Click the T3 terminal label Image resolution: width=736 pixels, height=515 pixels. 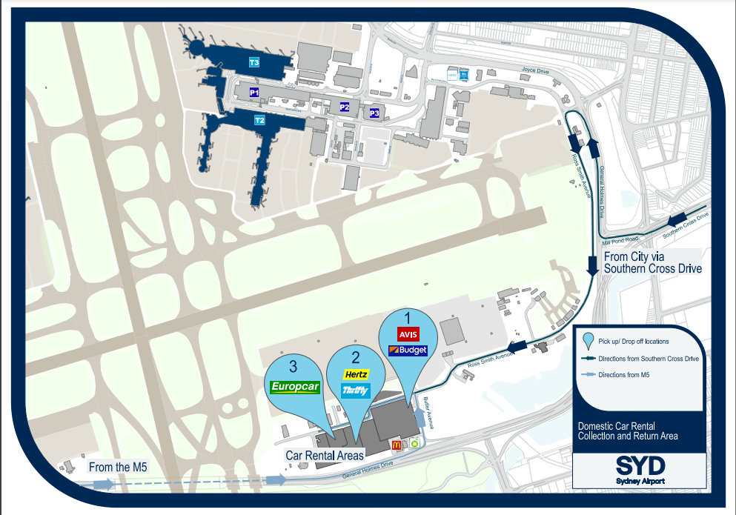click(254, 62)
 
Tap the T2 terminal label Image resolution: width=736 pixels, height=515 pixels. click(259, 120)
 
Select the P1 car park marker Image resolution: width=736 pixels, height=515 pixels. click(254, 93)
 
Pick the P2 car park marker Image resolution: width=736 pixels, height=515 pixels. click(345, 107)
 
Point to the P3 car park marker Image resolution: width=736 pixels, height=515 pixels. click(374, 113)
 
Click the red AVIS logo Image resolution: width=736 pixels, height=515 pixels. click(409, 333)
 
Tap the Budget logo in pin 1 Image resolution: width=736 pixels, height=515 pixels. click(408, 349)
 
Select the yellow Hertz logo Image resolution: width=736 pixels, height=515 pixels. click(357, 375)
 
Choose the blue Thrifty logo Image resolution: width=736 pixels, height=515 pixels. click(356, 391)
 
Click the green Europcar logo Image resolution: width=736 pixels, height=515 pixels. click(294, 386)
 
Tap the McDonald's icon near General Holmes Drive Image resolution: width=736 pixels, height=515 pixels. click(396, 444)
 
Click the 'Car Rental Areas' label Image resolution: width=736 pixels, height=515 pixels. click(325, 456)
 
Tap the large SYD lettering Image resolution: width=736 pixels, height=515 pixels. click(640, 465)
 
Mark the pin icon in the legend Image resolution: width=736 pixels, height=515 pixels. click(589, 342)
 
